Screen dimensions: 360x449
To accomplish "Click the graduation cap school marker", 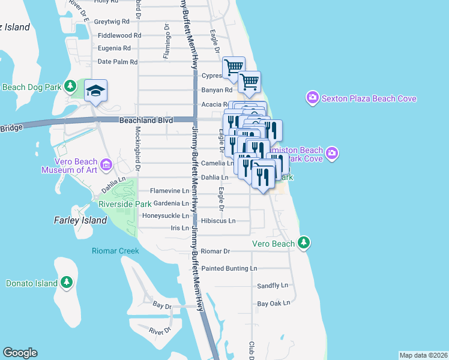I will pos(96,91).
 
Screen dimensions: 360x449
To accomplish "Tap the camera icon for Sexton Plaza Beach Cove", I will pos(312,98).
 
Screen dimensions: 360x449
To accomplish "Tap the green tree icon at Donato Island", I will pos(66,282).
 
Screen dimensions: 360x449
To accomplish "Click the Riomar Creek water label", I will pos(115,251).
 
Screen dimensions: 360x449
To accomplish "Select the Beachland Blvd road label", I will pos(146,121).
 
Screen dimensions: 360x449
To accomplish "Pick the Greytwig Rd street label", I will pos(112,21).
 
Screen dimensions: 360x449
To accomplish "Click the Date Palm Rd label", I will pos(118,62).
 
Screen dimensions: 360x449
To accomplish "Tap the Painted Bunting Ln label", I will pos(229,268).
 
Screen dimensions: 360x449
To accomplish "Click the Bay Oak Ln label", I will pos(274,304).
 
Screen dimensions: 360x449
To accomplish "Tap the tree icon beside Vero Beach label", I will pos(305,243).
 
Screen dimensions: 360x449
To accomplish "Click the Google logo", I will pos(20,353).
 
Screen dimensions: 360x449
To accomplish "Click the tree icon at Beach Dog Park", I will pos(71,87).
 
